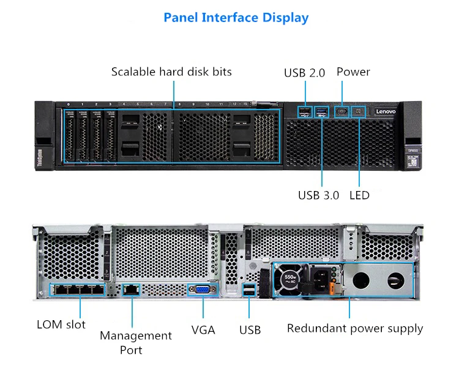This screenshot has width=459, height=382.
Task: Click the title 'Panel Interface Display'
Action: tap(236, 18)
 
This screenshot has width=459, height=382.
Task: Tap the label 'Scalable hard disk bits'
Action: tap(171, 72)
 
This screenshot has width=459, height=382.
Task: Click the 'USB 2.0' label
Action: tap(304, 73)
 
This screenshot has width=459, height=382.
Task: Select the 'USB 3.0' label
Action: tap(318, 195)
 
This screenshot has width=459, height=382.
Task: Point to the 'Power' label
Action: tap(353, 72)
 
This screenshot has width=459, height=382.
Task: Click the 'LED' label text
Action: tap(359, 195)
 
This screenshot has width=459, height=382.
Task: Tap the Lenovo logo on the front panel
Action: tap(386, 112)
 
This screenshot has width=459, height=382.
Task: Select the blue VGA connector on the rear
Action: tap(203, 290)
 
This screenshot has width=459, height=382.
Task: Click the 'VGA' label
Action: tap(203, 330)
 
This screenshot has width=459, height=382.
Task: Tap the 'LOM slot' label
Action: tap(61, 324)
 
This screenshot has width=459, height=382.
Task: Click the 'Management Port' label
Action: tap(136, 343)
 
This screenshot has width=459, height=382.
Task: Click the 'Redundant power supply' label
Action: tap(355, 328)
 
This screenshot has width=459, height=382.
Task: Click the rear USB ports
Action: tap(248, 291)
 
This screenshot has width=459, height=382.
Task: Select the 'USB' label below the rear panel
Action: tap(250, 330)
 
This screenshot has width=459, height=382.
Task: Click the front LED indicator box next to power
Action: tap(360, 112)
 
